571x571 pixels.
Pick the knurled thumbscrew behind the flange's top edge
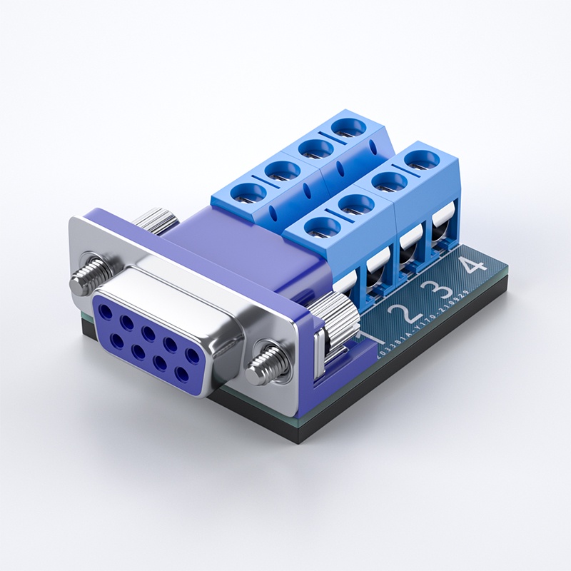[x=158, y=218]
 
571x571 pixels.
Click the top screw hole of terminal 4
[x=421, y=158]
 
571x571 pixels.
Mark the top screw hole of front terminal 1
[x=321, y=228]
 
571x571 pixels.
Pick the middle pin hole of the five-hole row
[x=149, y=333]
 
